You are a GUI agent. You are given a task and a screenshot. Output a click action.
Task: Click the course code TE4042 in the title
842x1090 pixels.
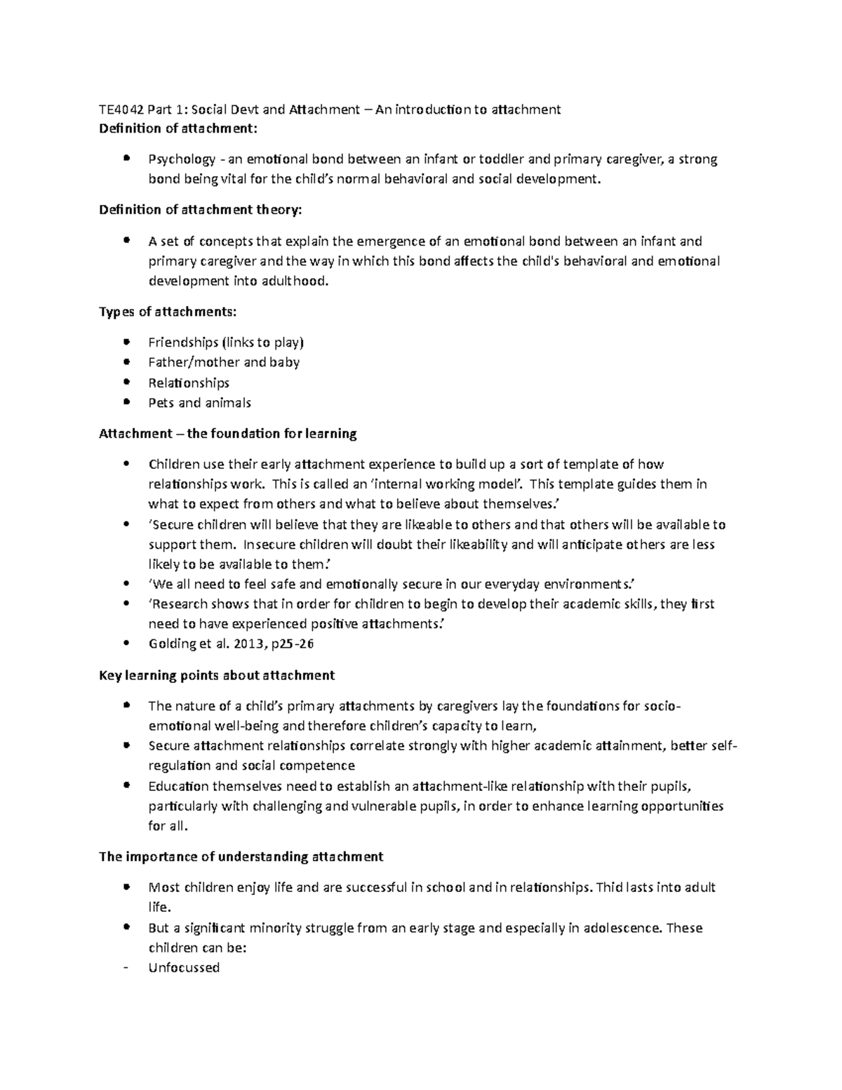point(121,109)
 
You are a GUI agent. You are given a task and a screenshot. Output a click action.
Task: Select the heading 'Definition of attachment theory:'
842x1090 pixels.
point(202,209)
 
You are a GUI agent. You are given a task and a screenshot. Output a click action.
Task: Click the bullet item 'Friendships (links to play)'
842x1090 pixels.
point(225,343)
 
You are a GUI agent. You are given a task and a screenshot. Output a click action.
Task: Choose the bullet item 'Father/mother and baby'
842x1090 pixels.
point(224,362)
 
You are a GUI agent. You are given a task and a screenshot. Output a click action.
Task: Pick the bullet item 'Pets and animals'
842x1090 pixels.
point(199,403)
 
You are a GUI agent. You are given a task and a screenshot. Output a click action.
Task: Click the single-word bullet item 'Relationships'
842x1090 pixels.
point(189,383)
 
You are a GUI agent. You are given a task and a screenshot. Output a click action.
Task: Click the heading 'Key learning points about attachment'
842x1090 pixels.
point(217,675)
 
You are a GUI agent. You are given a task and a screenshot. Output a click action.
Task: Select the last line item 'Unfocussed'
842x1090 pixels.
point(184,968)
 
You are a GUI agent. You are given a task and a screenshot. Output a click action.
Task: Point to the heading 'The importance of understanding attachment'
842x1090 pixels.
point(241,856)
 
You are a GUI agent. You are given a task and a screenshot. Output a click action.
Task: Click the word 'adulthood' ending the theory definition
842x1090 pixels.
point(297,281)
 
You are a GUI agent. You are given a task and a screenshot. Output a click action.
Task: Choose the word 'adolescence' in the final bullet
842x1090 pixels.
point(620,928)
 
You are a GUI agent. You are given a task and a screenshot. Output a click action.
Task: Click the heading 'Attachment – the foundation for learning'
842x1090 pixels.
point(228,434)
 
